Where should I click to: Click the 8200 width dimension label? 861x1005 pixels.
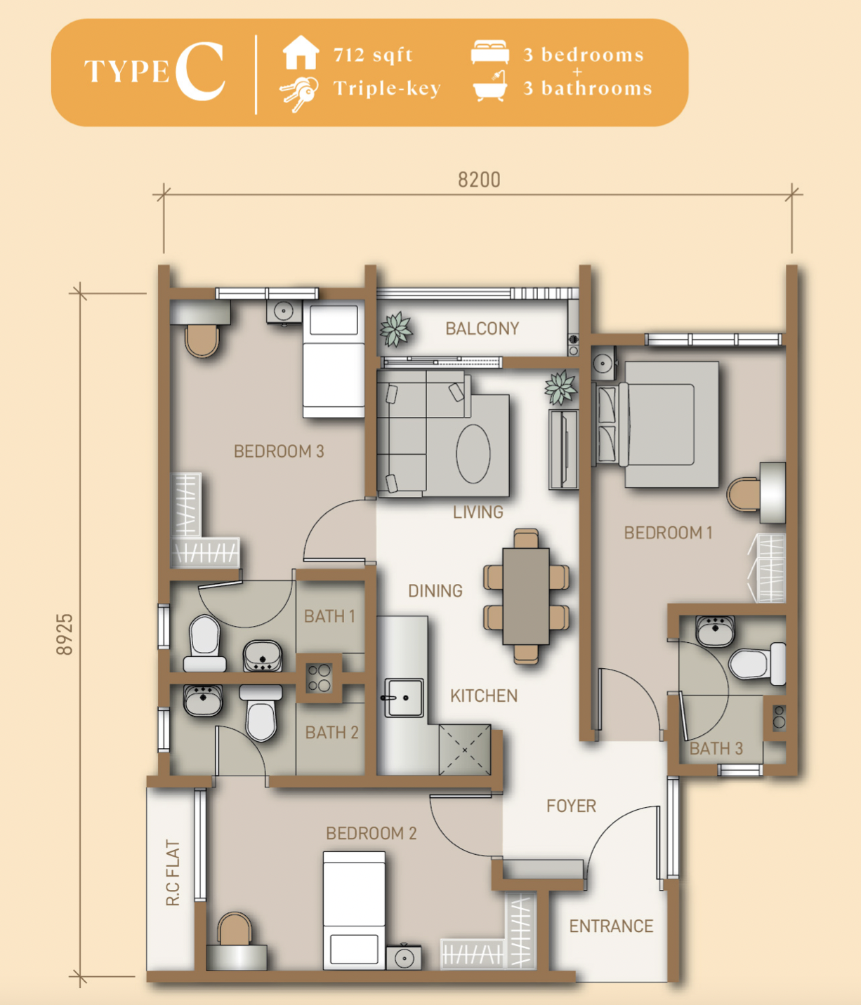[479, 180]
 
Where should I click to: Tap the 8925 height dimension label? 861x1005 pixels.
[65, 634]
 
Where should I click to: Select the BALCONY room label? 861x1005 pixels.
[482, 328]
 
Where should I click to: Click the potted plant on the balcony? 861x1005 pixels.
[396, 329]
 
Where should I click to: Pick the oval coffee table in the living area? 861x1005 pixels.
[473, 453]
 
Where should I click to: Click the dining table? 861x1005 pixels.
[526, 596]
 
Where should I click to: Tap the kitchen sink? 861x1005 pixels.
[404, 698]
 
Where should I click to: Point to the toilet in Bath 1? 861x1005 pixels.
[205, 643]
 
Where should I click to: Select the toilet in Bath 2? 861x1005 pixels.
[261, 712]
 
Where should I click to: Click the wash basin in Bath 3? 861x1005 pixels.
[715, 631]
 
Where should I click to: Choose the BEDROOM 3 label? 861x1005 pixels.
[279, 451]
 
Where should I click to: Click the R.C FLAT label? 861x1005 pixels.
[173, 872]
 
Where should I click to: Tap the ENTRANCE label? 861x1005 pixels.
[611, 926]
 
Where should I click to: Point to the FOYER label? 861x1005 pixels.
[571, 806]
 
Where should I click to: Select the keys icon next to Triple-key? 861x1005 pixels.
[299, 94]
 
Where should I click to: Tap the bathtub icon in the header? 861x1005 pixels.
[490, 86]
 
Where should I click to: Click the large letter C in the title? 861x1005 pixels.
[200, 71]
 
